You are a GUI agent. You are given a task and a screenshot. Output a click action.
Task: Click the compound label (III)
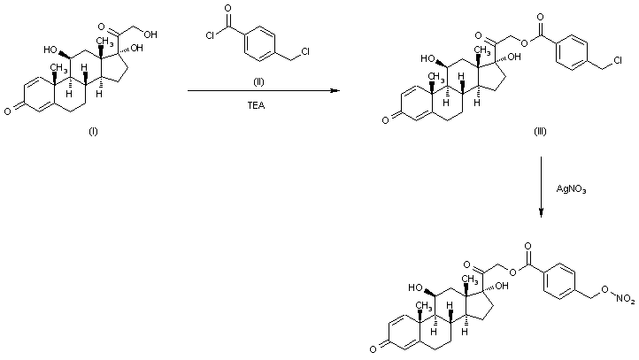coord(540,130)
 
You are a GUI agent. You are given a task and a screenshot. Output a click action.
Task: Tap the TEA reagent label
coord(261,103)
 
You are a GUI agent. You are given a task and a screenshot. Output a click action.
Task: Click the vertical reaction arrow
coord(541,187)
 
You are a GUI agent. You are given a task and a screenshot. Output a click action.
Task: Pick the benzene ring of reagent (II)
coord(261,42)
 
